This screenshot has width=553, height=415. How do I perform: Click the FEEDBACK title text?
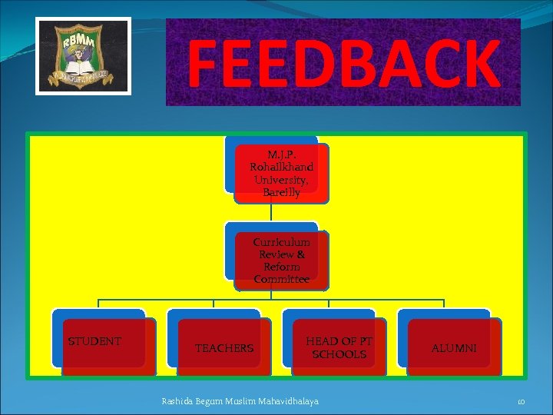pyautogui.click(x=343, y=63)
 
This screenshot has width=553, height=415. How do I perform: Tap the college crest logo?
pyautogui.click(x=84, y=55)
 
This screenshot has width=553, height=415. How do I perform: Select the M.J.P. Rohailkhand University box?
pyautogui.click(x=281, y=173)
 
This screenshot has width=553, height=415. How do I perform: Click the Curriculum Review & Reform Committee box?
pyautogui.click(x=281, y=261)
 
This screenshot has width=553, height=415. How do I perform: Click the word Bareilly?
pyautogui.click(x=281, y=192)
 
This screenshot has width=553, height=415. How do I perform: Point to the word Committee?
pyautogui.click(x=281, y=280)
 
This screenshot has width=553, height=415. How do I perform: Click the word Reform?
pyautogui.click(x=281, y=267)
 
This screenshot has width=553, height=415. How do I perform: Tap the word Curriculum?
pyautogui.click(x=281, y=242)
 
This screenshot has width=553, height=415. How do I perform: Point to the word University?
pyautogui.click(x=281, y=180)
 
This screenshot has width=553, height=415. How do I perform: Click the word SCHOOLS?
pyautogui.click(x=339, y=354)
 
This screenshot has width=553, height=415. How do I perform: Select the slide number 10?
pyautogui.click(x=520, y=401)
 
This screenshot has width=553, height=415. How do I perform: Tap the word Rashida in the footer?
pyautogui.click(x=179, y=400)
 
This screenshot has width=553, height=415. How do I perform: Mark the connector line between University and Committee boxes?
pyautogui.click(x=271, y=213)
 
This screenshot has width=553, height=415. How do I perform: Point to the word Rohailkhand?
pyautogui.click(x=281, y=167)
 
